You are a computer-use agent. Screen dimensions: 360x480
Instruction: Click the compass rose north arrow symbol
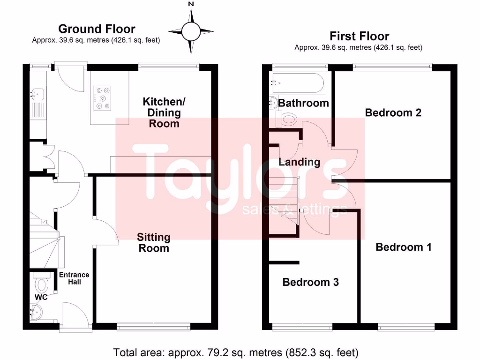click(x=191, y=31)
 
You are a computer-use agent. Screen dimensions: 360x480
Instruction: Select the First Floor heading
click(x=359, y=36)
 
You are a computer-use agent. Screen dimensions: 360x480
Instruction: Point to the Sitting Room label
click(x=154, y=242)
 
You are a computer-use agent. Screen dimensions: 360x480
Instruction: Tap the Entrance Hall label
click(x=74, y=278)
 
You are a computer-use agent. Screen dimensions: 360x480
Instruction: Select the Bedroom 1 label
click(x=403, y=247)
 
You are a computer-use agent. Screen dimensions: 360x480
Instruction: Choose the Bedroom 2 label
click(x=393, y=112)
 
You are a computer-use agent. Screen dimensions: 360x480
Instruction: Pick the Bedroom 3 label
click(x=310, y=282)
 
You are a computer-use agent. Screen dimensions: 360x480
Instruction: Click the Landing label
click(x=299, y=162)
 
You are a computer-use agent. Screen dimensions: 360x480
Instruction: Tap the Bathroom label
click(x=304, y=103)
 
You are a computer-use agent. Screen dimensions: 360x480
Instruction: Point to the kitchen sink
click(x=37, y=94)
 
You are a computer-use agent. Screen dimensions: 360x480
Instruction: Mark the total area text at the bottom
click(x=236, y=352)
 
